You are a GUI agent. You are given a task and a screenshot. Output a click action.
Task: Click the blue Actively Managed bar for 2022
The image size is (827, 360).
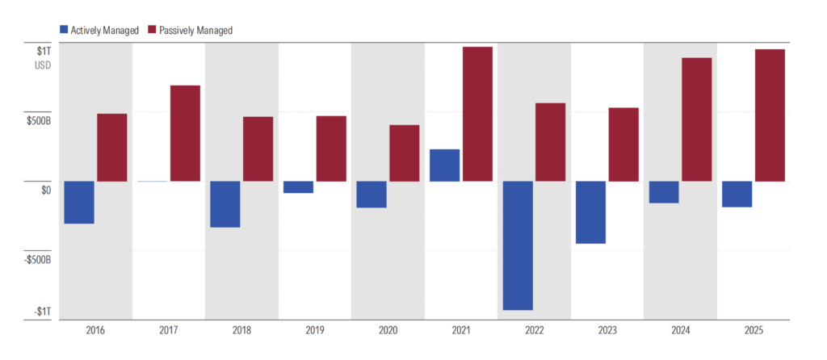click(x=518, y=245)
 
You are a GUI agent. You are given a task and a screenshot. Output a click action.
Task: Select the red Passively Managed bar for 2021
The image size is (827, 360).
click(x=477, y=114)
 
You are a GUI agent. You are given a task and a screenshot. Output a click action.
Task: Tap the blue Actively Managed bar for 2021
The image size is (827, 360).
click(x=445, y=165)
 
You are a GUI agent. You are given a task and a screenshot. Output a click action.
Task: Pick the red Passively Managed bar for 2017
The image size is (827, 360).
click(x=185, y=133)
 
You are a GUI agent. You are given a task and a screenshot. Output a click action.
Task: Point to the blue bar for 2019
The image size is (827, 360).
click(x=299, y=187)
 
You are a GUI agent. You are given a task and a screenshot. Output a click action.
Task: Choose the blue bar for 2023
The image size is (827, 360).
click(x=590, y=212)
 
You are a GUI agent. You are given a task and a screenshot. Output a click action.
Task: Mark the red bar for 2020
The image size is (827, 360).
click(x=405, y=153)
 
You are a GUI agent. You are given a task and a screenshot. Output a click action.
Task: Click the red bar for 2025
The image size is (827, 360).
click(x=770, y=115)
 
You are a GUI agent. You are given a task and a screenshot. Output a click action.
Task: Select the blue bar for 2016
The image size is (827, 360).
click(x=79, y=203)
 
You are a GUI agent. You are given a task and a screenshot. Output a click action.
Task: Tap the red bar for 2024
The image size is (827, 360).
click(x=697, y=119)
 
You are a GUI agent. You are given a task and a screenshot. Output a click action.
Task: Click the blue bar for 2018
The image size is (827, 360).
click(x=225, y=204)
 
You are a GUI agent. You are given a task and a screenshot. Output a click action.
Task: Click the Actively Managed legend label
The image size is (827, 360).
click(x=104, y=31)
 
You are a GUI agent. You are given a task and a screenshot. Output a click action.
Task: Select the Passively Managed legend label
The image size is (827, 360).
click(x=197, y=31)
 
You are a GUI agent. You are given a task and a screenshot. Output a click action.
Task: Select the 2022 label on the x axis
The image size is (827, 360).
click(x=534, y=332)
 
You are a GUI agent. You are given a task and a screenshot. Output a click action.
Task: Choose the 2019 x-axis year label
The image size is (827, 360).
click(x=315, y=332)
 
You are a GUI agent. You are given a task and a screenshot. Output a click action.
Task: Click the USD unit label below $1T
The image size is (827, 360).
click(x=43, y=66)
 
